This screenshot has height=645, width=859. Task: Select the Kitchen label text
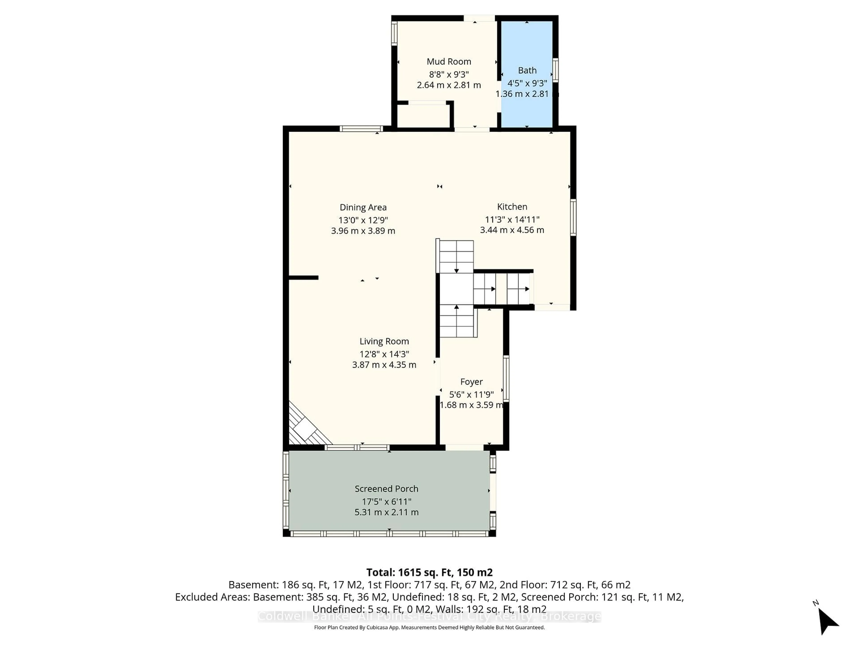[x=512, y=207]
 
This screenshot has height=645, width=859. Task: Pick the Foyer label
[x=471, y=382]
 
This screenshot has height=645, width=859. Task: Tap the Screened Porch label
[x=386, y=489]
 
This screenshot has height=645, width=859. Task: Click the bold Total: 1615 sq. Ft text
[x=429, y=572]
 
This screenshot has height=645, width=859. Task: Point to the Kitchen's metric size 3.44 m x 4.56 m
[x=512, y=230]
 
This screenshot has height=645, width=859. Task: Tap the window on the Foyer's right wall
[x=506, y=378]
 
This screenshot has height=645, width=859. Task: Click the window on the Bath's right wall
[x=555, y=70]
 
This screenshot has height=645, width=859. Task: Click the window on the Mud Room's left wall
[x=394, y=33]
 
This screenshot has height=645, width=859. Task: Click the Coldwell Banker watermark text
[x=429, y=616]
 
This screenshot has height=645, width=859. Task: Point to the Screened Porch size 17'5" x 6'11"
[x=386, y=501]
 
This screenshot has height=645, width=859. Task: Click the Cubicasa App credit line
[x=429, y=628]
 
